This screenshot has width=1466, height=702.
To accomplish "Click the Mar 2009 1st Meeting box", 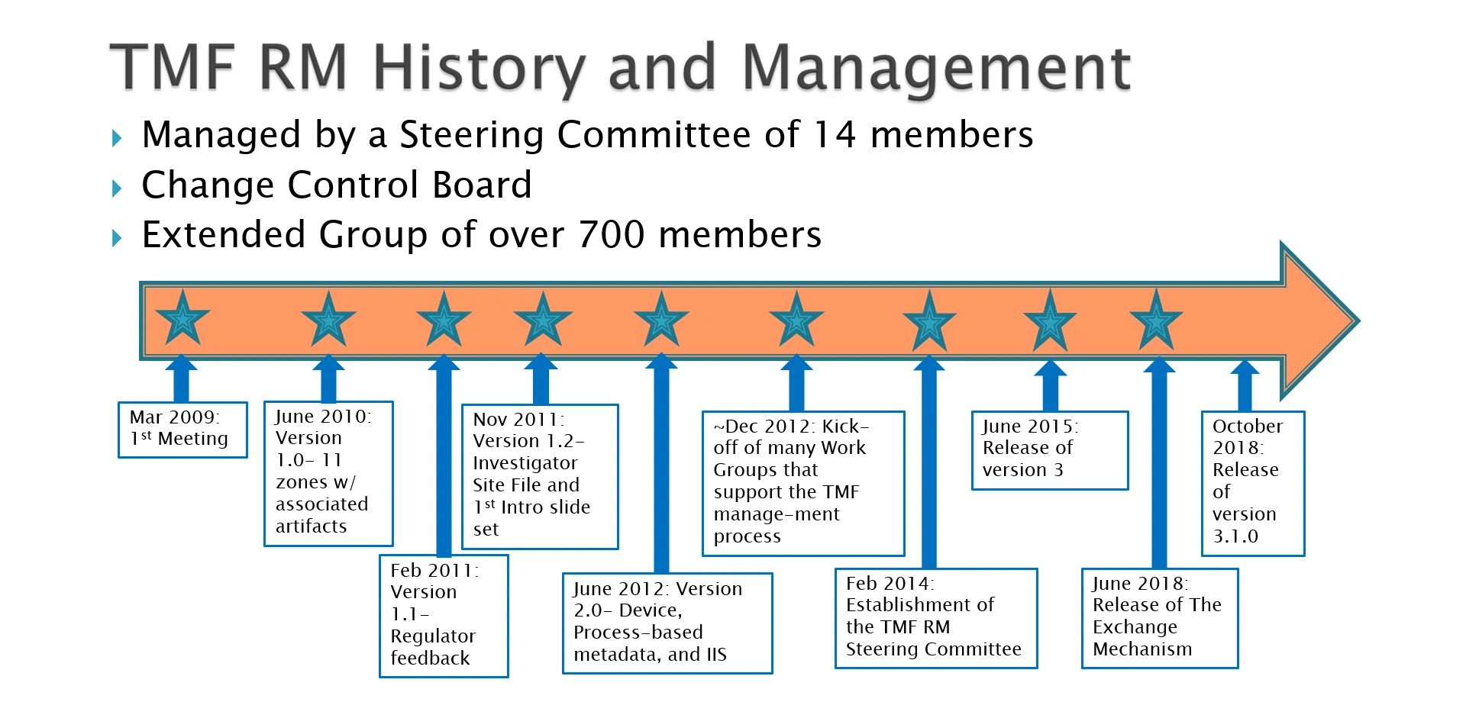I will click(182, 430).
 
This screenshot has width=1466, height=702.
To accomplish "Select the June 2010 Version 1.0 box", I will click(328, 473).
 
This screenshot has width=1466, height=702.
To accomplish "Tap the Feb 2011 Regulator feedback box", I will click(444, 615).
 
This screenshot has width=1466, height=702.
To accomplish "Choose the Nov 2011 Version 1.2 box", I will click(540, 476).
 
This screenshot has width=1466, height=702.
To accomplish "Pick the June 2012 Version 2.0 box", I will click(667, 623).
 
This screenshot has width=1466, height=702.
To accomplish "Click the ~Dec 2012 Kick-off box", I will click(803, 483).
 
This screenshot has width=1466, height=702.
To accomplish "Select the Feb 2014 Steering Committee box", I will click(936, 618).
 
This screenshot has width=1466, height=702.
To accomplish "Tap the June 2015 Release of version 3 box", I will click(1050, 450).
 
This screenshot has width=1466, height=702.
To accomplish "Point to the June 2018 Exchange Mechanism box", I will click(1160, 618).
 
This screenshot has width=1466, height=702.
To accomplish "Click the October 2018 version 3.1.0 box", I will click(1253, 483).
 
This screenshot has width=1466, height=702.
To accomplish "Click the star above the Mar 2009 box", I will click(182, 319).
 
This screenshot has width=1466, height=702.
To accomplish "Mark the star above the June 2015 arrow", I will click(1050, 320).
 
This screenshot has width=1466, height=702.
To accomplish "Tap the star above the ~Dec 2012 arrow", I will click(796, 320).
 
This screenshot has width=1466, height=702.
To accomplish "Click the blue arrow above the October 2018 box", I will click(1245, 386).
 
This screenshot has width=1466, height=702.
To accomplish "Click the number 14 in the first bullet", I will click(835, 135).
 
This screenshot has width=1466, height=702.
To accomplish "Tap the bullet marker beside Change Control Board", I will click(117, 188).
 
